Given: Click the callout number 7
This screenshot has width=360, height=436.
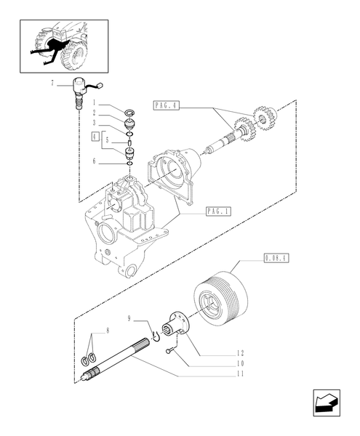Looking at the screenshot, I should pos(52,86).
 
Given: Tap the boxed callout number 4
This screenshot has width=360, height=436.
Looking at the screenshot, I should pos(94,135).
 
